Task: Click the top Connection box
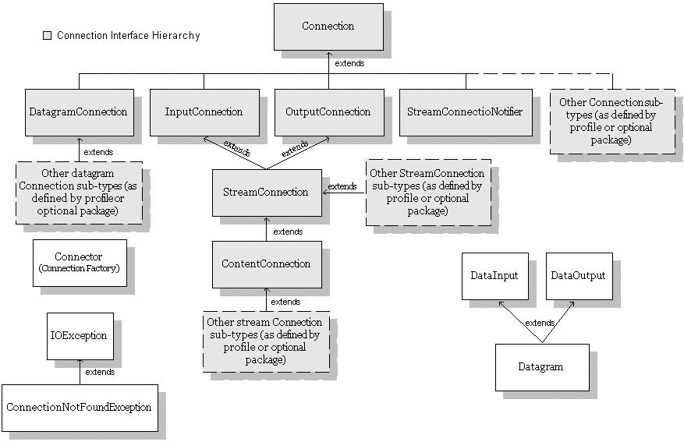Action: pyautogui.click(x=328, y=27)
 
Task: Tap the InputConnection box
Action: pyautogui.click(x=204, y=112)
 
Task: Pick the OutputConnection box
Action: pyautogui.click(x=328, y=112)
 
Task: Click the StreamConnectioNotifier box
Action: pyautogui.click(x=465, y=112)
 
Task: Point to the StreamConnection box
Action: pyautogui.click(x=266, y=193)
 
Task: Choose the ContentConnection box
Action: pyautogui.click(x=266, y=264)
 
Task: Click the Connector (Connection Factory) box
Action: pyautogui.click(x=79, y=263)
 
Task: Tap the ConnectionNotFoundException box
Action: pyautogui.click(x=79, y=407)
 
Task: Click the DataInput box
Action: pyautogui.click(x=494, y=276)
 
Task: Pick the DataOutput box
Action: pyautogui.click(x=578, y=276)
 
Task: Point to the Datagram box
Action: pyautogui.click(x=541, y=366)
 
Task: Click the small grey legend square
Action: pyautogui.click(x=47, y=36)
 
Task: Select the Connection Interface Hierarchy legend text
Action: pyautogui.click(x=129, y=36)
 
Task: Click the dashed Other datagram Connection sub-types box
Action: pyautogui.click(x=79, y=192)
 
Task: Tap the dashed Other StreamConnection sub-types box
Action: pyautogui.click(x=427, y=193)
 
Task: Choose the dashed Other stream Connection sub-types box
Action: pyautogui.click(x=264, y=341)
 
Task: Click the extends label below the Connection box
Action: pyautogui.click(x=349, y=63)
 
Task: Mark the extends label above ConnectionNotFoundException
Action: pyautogui.click(x=100, y=372)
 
